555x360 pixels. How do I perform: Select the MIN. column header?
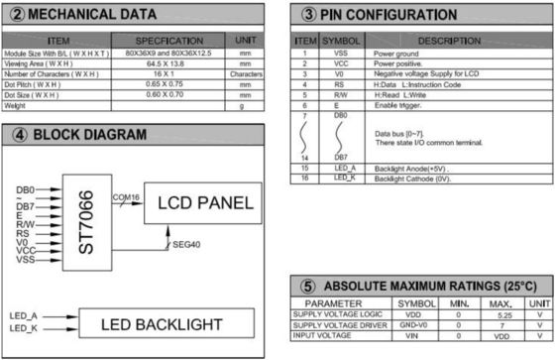(x=458, y=303)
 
